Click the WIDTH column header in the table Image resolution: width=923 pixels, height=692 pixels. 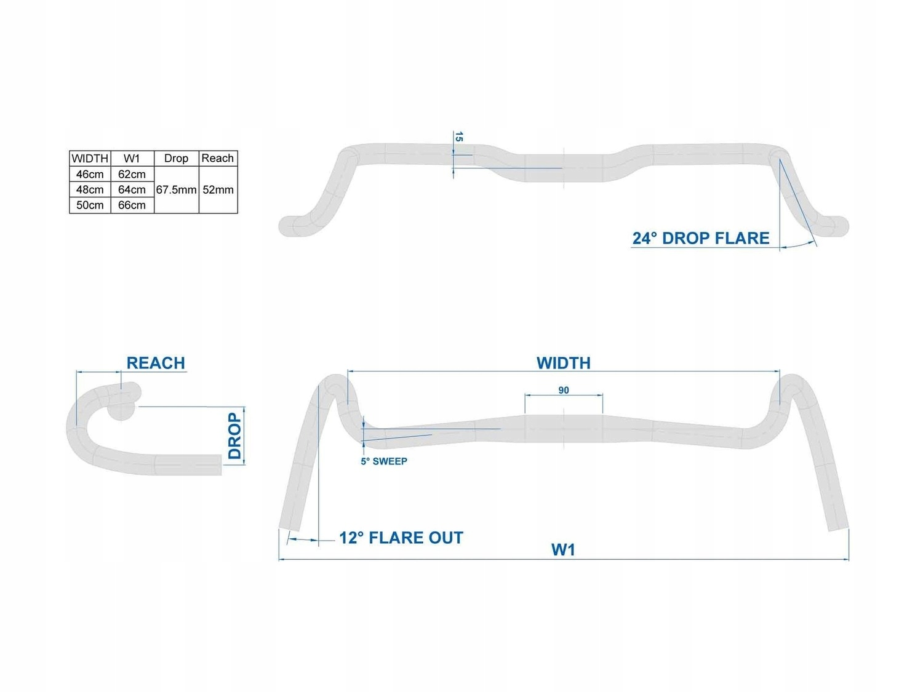(x=90, y=159)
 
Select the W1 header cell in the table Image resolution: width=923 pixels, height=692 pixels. (x=132, y=159)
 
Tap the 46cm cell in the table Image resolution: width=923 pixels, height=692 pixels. (x=90, y=174)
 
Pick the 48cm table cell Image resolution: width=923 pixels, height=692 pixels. (x=90, y=189)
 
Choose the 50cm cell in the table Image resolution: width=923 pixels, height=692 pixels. (x=90, y=205)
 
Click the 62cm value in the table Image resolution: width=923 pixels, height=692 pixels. (x=132, y=174)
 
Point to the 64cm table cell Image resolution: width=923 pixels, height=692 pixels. (x=132, y=189)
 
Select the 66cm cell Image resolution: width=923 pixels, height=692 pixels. (x=132, y=205)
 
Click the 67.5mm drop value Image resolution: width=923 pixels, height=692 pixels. (x=176, y=189)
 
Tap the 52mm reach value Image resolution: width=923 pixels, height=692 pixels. (x=218, y=189)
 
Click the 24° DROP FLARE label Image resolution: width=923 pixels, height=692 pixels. (x=701, y=239)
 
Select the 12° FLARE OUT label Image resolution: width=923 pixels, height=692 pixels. (x=401, y=538)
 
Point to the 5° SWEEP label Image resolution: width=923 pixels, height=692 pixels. (x=384, y=461)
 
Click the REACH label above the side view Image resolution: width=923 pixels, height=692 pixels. (x=156, y=363)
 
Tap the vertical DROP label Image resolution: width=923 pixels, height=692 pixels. (x=234, y=435)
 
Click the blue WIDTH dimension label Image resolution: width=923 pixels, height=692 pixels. (x=564, y=363)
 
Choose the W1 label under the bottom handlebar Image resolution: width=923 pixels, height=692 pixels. (x=564, y=549)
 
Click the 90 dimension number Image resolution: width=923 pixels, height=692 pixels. (x=564, y=390)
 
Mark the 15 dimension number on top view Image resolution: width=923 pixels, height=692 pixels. (x=458, y=137)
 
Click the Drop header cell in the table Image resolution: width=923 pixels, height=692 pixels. (x=176, y=159)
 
